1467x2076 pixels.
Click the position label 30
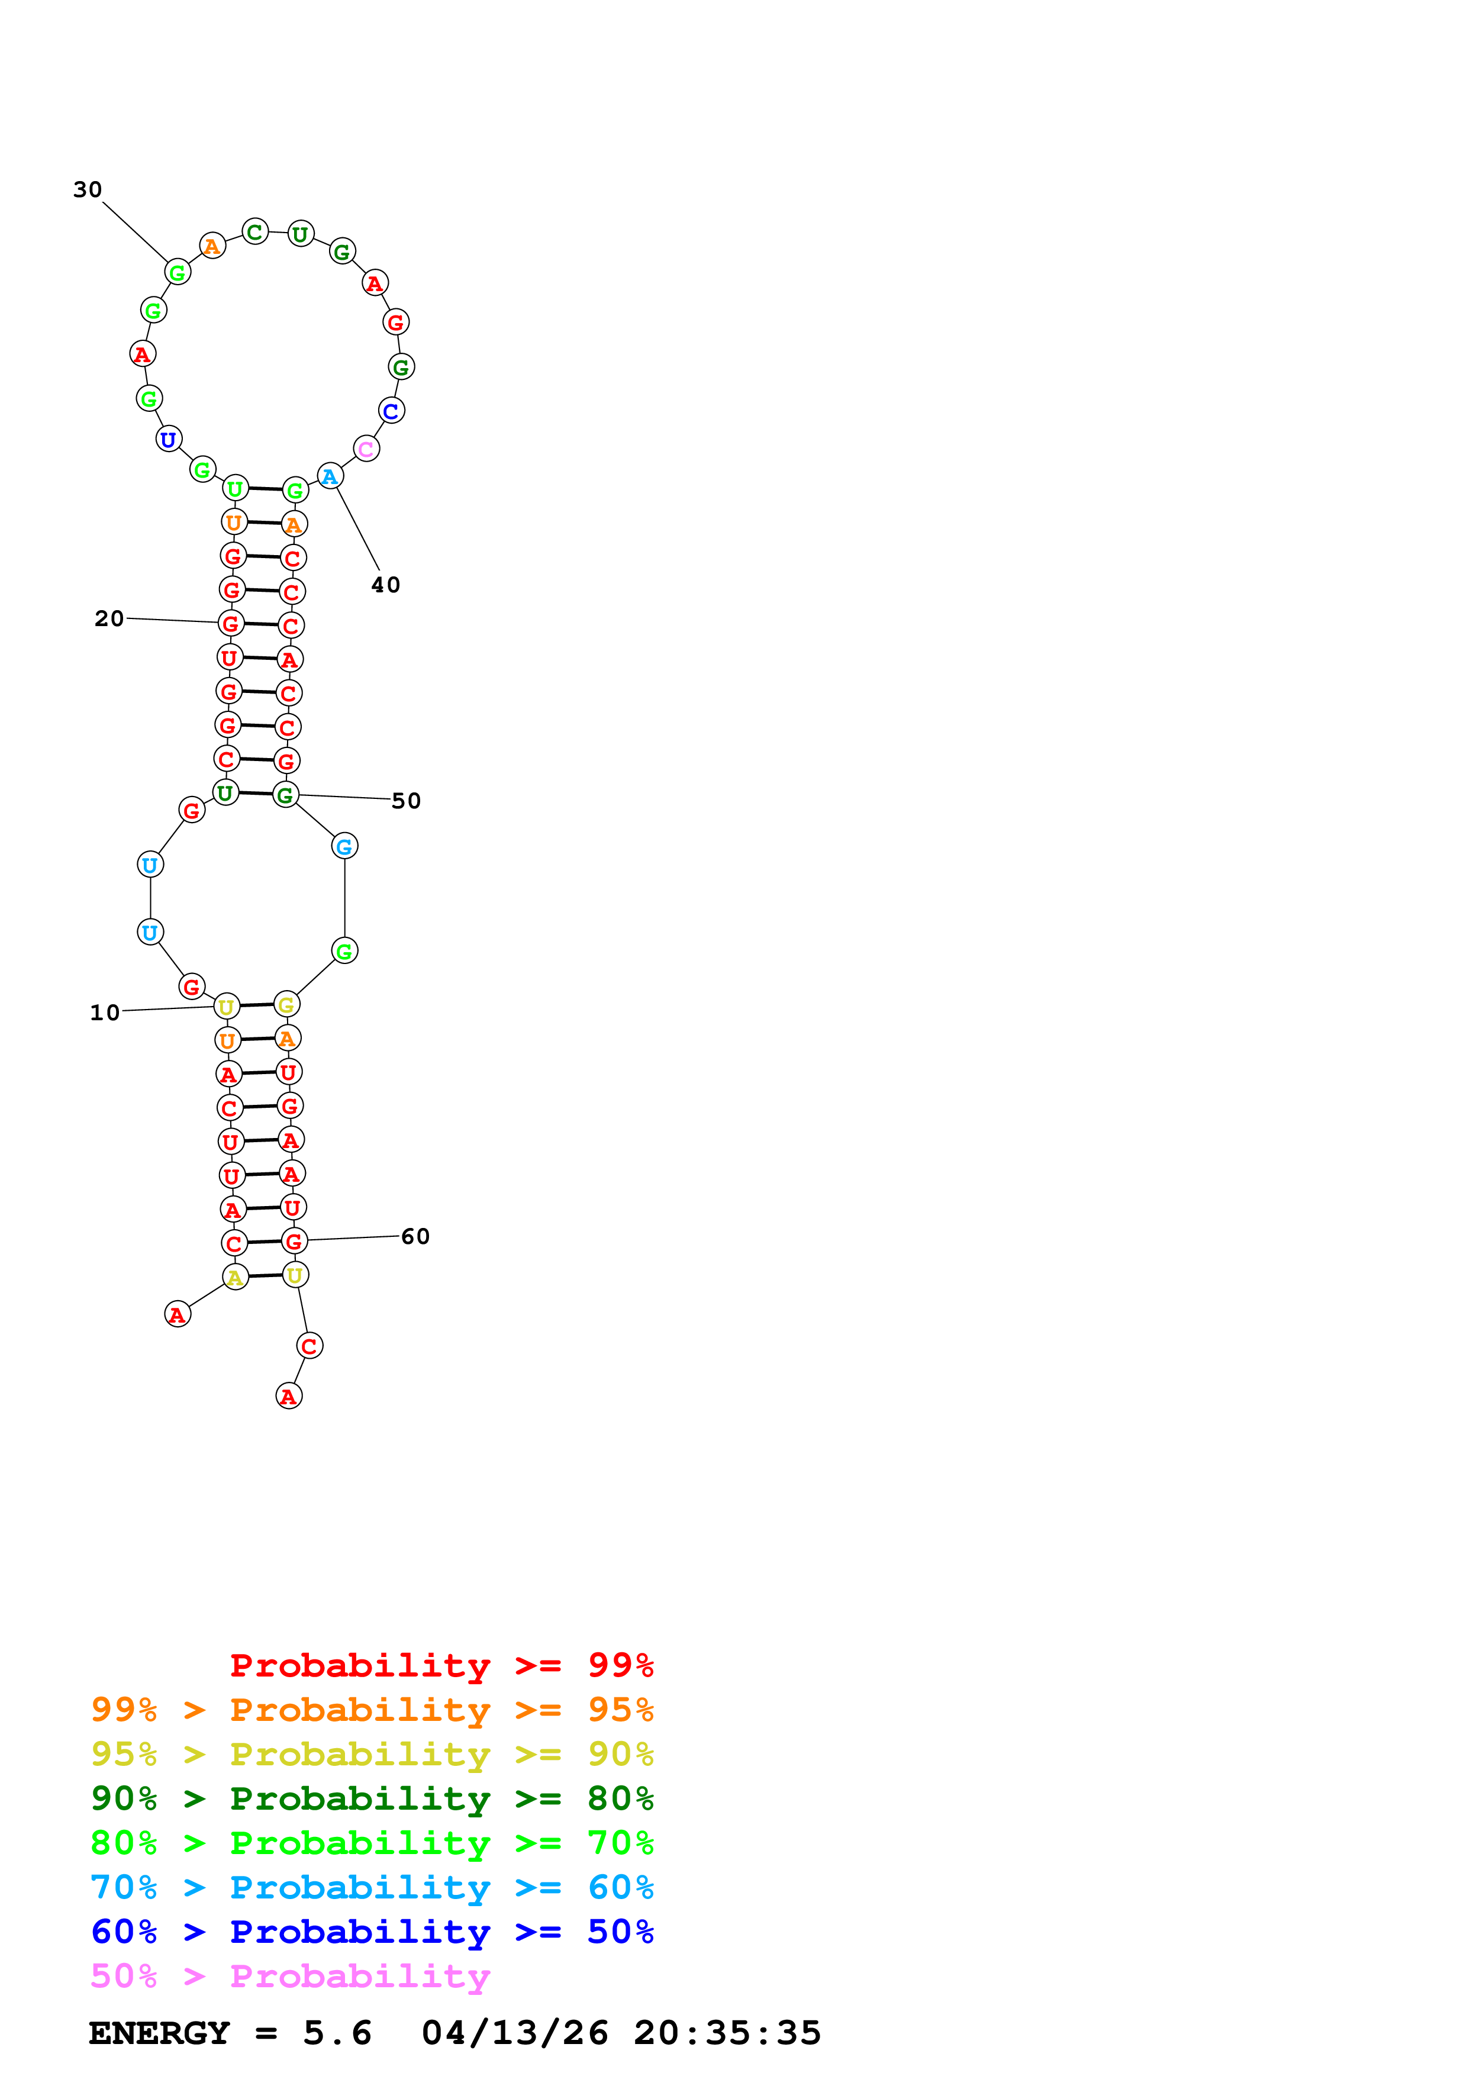(x=88, y=190)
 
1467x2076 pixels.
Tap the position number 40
(x=386, y=585)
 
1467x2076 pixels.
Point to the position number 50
(x=406, y=801)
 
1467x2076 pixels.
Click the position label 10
(x=105, y=1013)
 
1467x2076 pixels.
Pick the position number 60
(x=416, y=1236)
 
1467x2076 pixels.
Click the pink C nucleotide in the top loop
(x=366, y=449)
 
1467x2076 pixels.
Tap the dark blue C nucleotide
(x=391, y=411)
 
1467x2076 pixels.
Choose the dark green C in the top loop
(x=256, y=233)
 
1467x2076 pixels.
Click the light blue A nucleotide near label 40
(x=330, y=476)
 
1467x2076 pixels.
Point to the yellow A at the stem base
(x=235, y=1276)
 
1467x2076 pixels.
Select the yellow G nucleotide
(x=286, y=1004)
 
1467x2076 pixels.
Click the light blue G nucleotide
(x=344, y=846)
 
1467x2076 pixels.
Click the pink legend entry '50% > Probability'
(x=290, y=1977)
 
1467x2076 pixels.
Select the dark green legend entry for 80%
(x=372, y=1798)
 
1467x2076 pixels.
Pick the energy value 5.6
(x=337, y=2033)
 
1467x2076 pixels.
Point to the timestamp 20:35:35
(x=728, y=2033)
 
